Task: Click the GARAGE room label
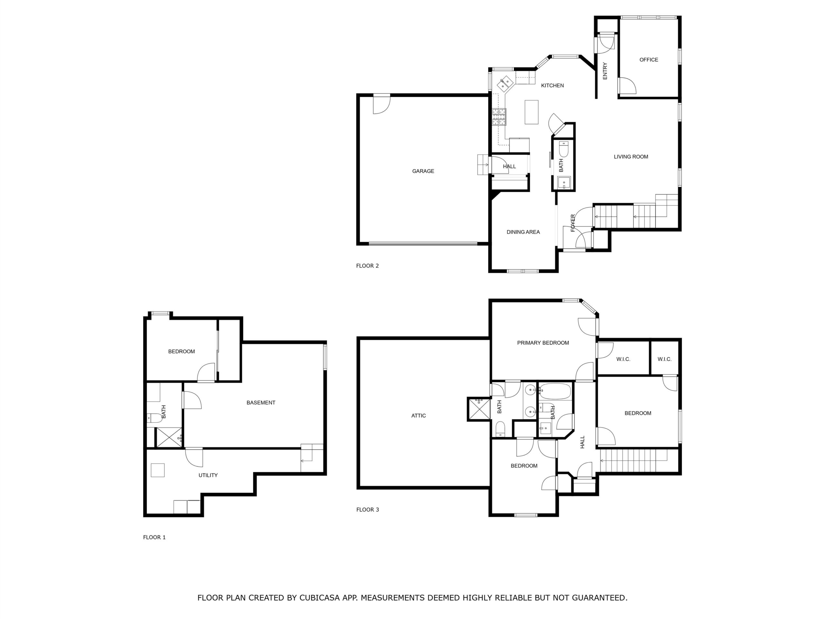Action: [423, 171]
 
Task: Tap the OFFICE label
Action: [649, 60]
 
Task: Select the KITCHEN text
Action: [552, 85]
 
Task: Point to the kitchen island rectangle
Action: [531, 112]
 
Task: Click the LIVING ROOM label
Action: [631, 157]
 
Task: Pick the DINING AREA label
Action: [523, 232]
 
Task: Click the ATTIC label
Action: [419, 416]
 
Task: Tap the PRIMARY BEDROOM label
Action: [543, 343]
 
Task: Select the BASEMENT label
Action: [261, 403]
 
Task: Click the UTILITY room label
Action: [208, 475]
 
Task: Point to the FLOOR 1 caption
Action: [154, 537]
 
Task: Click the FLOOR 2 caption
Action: [367, 266]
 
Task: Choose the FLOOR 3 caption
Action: [367, 510]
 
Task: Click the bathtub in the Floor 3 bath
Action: [555, 391]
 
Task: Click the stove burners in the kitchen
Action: [499, 117]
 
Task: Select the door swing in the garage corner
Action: [382, 104]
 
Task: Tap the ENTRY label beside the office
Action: [605, 71]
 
